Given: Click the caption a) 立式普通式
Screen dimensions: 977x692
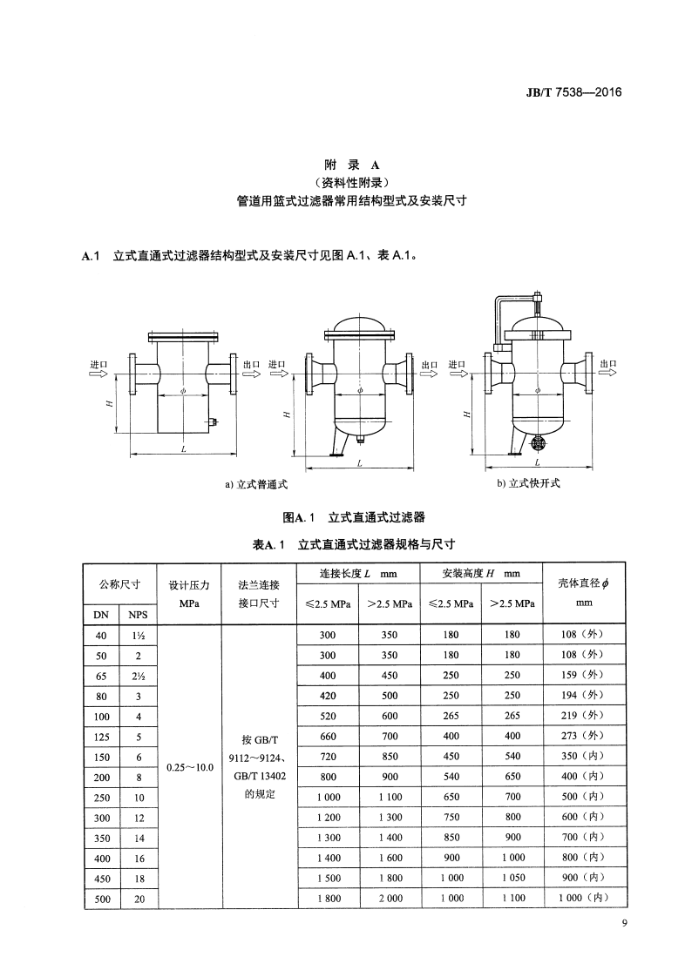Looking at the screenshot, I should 256,484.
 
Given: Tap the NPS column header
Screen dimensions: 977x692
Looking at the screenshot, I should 139,614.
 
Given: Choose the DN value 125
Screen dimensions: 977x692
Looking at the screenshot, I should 102,736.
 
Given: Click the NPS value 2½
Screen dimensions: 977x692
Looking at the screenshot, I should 139,675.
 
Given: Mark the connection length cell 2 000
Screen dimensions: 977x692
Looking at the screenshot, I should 390,898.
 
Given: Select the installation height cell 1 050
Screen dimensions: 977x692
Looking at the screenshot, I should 512,878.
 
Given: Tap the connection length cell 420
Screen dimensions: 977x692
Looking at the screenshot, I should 328,695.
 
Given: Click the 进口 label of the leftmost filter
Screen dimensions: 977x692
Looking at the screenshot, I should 98,364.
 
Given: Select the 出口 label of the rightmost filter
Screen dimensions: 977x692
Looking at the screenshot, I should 608,364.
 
